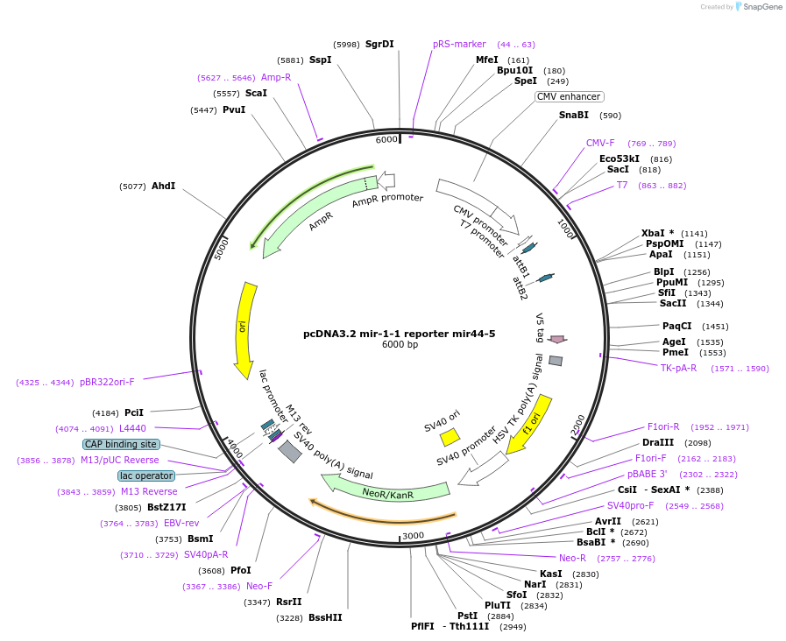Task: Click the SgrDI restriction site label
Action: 379,44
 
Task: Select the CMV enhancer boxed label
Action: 570,96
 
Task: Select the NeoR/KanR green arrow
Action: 386,490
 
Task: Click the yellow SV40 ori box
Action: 450,436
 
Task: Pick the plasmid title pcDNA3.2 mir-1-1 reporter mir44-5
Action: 399,333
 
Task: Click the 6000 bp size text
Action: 400,344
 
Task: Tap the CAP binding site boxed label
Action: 122,444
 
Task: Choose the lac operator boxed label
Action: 146,475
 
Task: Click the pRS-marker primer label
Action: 459,44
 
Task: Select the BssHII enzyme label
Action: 325,617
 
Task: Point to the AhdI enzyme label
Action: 163,186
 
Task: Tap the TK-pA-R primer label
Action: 678,368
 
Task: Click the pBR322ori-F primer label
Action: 107,382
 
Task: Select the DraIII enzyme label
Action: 658,442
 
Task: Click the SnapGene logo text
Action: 759,7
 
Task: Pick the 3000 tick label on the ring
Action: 413,535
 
